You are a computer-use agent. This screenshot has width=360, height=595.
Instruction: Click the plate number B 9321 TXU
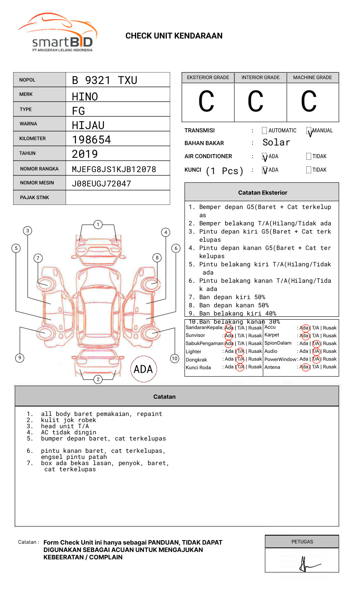[105, 80]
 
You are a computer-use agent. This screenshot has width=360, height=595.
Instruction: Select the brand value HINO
[85, 97]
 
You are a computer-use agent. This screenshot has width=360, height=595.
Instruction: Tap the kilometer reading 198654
[91, 140]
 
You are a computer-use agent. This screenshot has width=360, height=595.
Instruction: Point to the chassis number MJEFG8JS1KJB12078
[114, 169]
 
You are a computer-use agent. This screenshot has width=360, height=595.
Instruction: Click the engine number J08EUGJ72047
[101, 184]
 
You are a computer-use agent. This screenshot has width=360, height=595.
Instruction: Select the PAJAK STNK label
[34, 198]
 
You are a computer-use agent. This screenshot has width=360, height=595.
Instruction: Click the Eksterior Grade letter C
[206, 102]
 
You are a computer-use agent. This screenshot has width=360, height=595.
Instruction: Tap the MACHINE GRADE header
[312, 77]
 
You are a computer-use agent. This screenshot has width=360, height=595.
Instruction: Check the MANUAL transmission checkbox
[309, 131]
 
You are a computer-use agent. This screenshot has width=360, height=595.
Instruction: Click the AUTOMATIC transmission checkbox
[264, 131]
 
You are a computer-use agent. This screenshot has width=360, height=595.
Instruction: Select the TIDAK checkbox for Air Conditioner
[309, 157]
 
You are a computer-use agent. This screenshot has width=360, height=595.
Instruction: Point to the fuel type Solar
[276, 143]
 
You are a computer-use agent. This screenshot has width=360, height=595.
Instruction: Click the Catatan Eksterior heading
[262, 193]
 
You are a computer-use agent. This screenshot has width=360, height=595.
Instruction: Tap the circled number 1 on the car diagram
[98, 225]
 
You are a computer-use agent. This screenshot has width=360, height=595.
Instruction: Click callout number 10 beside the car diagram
[175, 359]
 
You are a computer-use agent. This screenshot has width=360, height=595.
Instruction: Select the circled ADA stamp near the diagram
[144, 369]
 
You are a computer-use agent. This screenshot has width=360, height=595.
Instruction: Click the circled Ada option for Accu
[304, 328]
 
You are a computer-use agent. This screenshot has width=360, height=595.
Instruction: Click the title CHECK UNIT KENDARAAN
[174, 36]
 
